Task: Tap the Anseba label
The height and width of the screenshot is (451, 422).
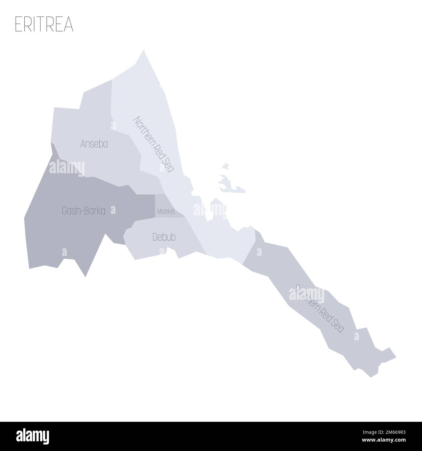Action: [94, 144]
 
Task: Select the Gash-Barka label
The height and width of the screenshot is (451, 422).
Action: [83, 211]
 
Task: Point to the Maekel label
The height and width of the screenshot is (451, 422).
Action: [166, 212]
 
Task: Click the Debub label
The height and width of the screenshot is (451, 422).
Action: [164, 238]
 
